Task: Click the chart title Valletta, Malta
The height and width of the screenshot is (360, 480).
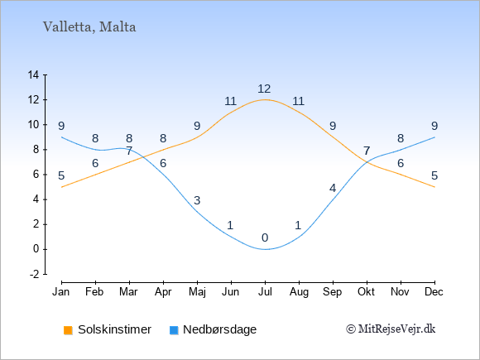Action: pyautogui.click(x=89, y=27)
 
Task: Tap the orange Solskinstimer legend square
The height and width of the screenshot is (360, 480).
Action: pyautogui.click(x=68, y=330)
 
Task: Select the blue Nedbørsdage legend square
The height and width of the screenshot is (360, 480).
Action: pyautogui.click(x=174, y=330)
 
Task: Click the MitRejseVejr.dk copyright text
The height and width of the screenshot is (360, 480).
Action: pyautogui.click(x=391, y=329)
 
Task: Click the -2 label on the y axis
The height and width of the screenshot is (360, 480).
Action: pyautogui.click(x=35, y=274)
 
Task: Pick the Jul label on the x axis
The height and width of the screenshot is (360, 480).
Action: pyautogui.click(x=265, y=292)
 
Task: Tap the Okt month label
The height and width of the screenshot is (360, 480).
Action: pyautogui.click(x=366, y=292)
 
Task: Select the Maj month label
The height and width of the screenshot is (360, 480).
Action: pyautogui.click(x=197, y=292)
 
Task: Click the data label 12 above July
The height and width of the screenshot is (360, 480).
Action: pyautogui.click(x=264, y=89)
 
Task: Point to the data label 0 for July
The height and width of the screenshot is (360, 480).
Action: pyautogui.click(x=265, y=238)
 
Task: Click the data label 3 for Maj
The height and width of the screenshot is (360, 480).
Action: pyautogui.click(x=197, y=200)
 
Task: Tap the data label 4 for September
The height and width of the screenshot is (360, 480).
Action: pyautogui.click(x=333, y=188)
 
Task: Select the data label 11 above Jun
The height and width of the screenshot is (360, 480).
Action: pyautogui.click(x=231, y=101)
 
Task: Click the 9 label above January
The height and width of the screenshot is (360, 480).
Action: pyautogui.click(x=61, y=126)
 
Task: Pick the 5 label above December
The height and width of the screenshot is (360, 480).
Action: pyautogui.click(x=434, y=175)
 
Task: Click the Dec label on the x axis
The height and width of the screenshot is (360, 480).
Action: pyautogui.click(x=434, y=292)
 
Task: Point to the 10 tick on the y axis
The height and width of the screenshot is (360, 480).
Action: pyautogui.click(x=33, y=125)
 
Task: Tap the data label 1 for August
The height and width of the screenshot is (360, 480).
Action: pyautogui.click(x=298, y=225)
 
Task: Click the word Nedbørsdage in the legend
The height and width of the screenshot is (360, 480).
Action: pyautogui.click(x=220, y=329)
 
